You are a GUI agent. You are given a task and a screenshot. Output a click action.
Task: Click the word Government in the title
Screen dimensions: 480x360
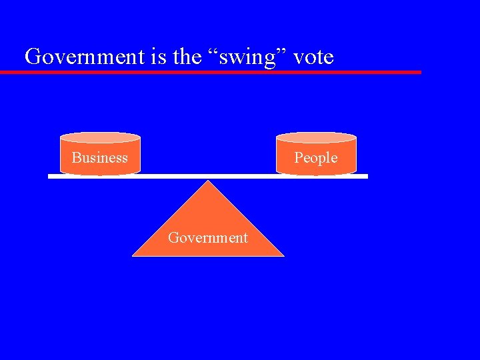(x=85, y=57)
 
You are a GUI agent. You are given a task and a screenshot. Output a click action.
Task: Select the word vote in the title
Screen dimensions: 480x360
(x=313, y=57)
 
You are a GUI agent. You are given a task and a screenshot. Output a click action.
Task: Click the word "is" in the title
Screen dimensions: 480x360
(x=159, y=57)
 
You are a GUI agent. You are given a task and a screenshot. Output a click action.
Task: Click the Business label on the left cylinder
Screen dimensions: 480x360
(x=100, y=158)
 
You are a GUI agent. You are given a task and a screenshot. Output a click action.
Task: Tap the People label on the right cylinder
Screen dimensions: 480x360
(x=316, y=158)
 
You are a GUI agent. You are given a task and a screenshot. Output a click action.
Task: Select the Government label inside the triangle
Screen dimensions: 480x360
(x=208, y=237)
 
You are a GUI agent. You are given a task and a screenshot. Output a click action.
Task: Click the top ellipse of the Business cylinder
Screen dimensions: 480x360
(x=100, y=138)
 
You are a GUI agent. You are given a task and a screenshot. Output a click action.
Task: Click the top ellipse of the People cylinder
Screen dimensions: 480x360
(x=316, y=138)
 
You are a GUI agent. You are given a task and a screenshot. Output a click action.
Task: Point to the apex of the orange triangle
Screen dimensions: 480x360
(x=209, y=181)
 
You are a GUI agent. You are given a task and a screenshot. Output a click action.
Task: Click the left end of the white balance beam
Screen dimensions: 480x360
(x=50, y=176)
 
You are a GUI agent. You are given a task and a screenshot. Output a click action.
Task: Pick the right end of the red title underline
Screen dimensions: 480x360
(x=419, y=72)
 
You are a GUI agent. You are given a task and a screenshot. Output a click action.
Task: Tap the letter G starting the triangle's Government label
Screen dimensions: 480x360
(x=173, y=237)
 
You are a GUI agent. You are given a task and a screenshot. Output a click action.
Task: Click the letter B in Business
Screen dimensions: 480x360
(x=76, y=158)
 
